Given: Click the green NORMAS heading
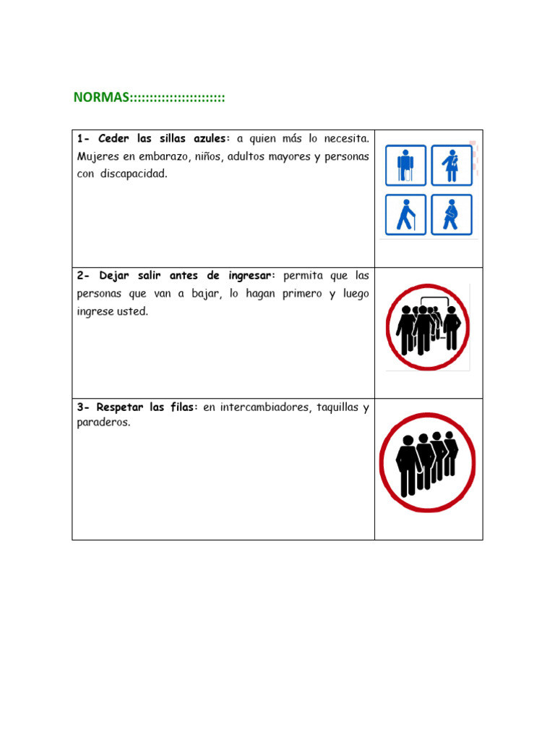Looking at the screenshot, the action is [x=149, y=98].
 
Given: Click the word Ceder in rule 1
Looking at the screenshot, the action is [x=113, y=138].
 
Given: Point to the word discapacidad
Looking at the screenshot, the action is [x=134, y=174].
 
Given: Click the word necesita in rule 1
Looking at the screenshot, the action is [x=346, y=138].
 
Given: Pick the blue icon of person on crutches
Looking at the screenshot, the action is [x=405, y=166].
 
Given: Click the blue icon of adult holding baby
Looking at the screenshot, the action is [x=452, y=166].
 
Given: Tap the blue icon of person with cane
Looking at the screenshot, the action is [x=405, y=214].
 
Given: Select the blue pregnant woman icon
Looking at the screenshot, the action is [x=452, y=214].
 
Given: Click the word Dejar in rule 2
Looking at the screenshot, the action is [x=113, y=276].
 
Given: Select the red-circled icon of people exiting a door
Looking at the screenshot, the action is [x=428, y=327].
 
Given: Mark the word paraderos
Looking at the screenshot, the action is [x=103, y=423].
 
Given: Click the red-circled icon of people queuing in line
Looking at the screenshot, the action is [x=428, y=462].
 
